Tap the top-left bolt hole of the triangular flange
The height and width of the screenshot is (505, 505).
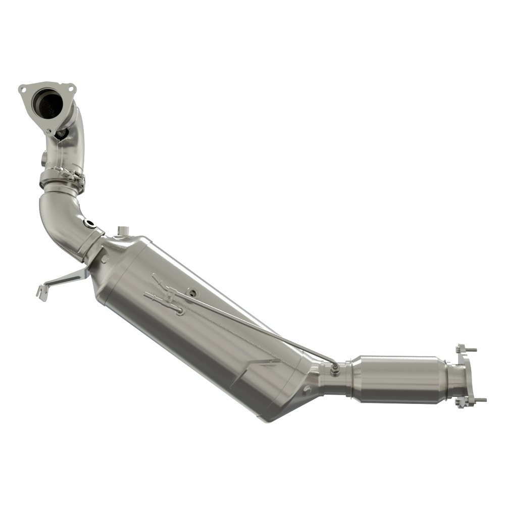(22, 89)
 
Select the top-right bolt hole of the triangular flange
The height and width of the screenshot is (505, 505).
(70, 89)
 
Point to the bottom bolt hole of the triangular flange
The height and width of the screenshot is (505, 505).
(49, 132)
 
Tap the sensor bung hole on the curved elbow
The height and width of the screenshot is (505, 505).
(91, 223)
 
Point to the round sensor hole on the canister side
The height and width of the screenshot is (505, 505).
(193, 291)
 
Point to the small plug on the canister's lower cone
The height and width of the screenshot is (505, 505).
(306, 389)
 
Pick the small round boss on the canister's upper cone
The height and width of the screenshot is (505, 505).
(105, 259)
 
